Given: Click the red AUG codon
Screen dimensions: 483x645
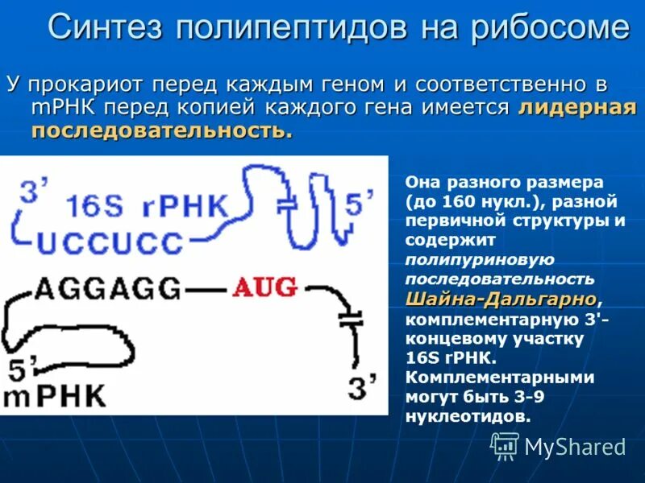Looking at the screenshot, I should pos(265,287).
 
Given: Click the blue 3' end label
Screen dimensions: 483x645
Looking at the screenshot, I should pos(33,192).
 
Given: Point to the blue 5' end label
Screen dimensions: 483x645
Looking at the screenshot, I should pos(358,204).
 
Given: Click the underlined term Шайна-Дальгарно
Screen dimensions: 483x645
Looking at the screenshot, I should pos(501,299).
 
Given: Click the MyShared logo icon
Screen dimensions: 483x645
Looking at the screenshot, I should pos(505,444).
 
